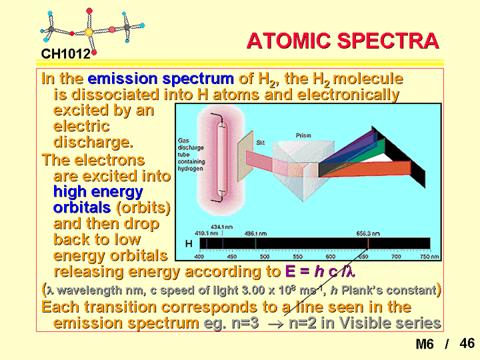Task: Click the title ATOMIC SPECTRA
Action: click(x=343, y=41)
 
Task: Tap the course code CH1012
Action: click(x=66, y=54)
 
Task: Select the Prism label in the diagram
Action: click(x=303, y=135)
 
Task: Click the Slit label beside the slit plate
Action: click(x=260, y=143)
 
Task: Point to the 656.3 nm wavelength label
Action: click(x=368, y=233)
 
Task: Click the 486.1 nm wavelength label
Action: click(x=255, y=233)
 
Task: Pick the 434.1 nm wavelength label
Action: click(x=222, y=227)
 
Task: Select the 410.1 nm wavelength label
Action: click(x=206, y=233)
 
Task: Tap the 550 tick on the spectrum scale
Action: click(x=297, y=257)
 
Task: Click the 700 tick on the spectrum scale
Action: click(x=396, y=257)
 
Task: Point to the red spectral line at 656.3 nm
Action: click(x=368, y=243)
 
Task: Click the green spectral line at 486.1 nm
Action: click(x=255, y=243)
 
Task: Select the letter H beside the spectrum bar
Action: click(x=189, y=244)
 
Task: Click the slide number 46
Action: click(x=467, y=343)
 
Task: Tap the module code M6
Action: click(x=425, y=344)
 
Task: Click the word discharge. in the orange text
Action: click(x=93, y=142)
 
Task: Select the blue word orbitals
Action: click(x=82, y=208)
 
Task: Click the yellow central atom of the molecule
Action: click(x=89, y=32)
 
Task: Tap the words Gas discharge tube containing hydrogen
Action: click(x=191, y=155)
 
